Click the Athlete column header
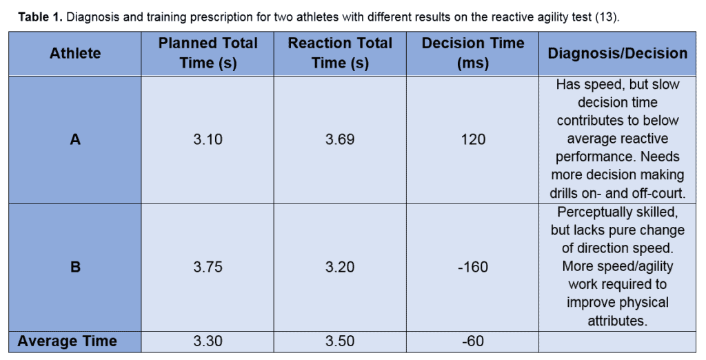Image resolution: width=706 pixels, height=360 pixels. (x=75, y=53)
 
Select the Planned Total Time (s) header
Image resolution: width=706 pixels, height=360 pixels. (x=208, y=53)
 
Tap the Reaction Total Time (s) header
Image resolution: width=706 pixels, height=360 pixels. (x=340, y=53)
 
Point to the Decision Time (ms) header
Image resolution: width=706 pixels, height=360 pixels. (x=472, y=53)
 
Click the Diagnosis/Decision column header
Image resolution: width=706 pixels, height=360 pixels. (x=617, y=53)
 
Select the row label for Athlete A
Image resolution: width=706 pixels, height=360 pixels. (x=75, y=139)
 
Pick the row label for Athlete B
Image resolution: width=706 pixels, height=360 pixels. (x=75, y=267)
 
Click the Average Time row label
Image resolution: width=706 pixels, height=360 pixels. (x=67, y=341)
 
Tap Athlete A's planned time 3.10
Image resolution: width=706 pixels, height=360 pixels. (x=208, y=139)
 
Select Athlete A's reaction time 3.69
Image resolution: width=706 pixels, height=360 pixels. (x=340, y=139)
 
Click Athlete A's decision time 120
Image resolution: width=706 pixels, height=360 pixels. (x=472, y=139)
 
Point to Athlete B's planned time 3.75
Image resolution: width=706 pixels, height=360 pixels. (x=208, y=267)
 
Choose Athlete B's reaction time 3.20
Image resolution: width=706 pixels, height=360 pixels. (x=340, y=267)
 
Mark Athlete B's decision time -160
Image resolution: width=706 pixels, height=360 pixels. (x=472, y=267)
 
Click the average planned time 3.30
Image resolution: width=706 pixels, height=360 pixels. (x=208, y=341)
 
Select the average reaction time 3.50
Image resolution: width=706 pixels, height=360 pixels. (x=340, y=341)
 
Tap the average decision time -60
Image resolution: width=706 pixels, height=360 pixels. (x=472, y=341)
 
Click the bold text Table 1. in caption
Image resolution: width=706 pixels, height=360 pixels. (x=40, y=17)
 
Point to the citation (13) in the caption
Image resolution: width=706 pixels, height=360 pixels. (x=606, y=17)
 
